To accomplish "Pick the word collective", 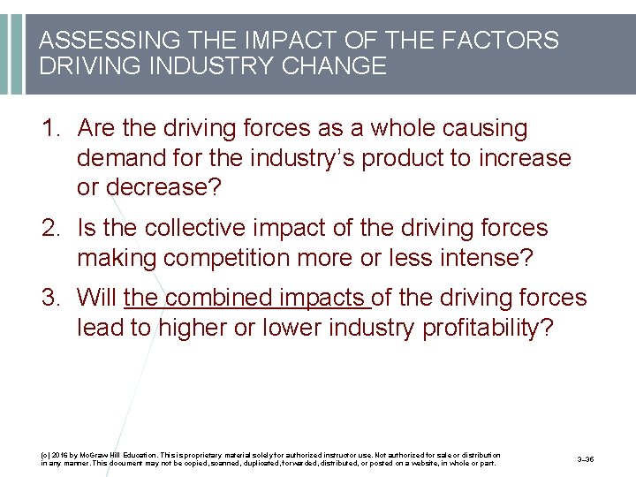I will click(186, 229).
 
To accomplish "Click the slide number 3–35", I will click(585, 459).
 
